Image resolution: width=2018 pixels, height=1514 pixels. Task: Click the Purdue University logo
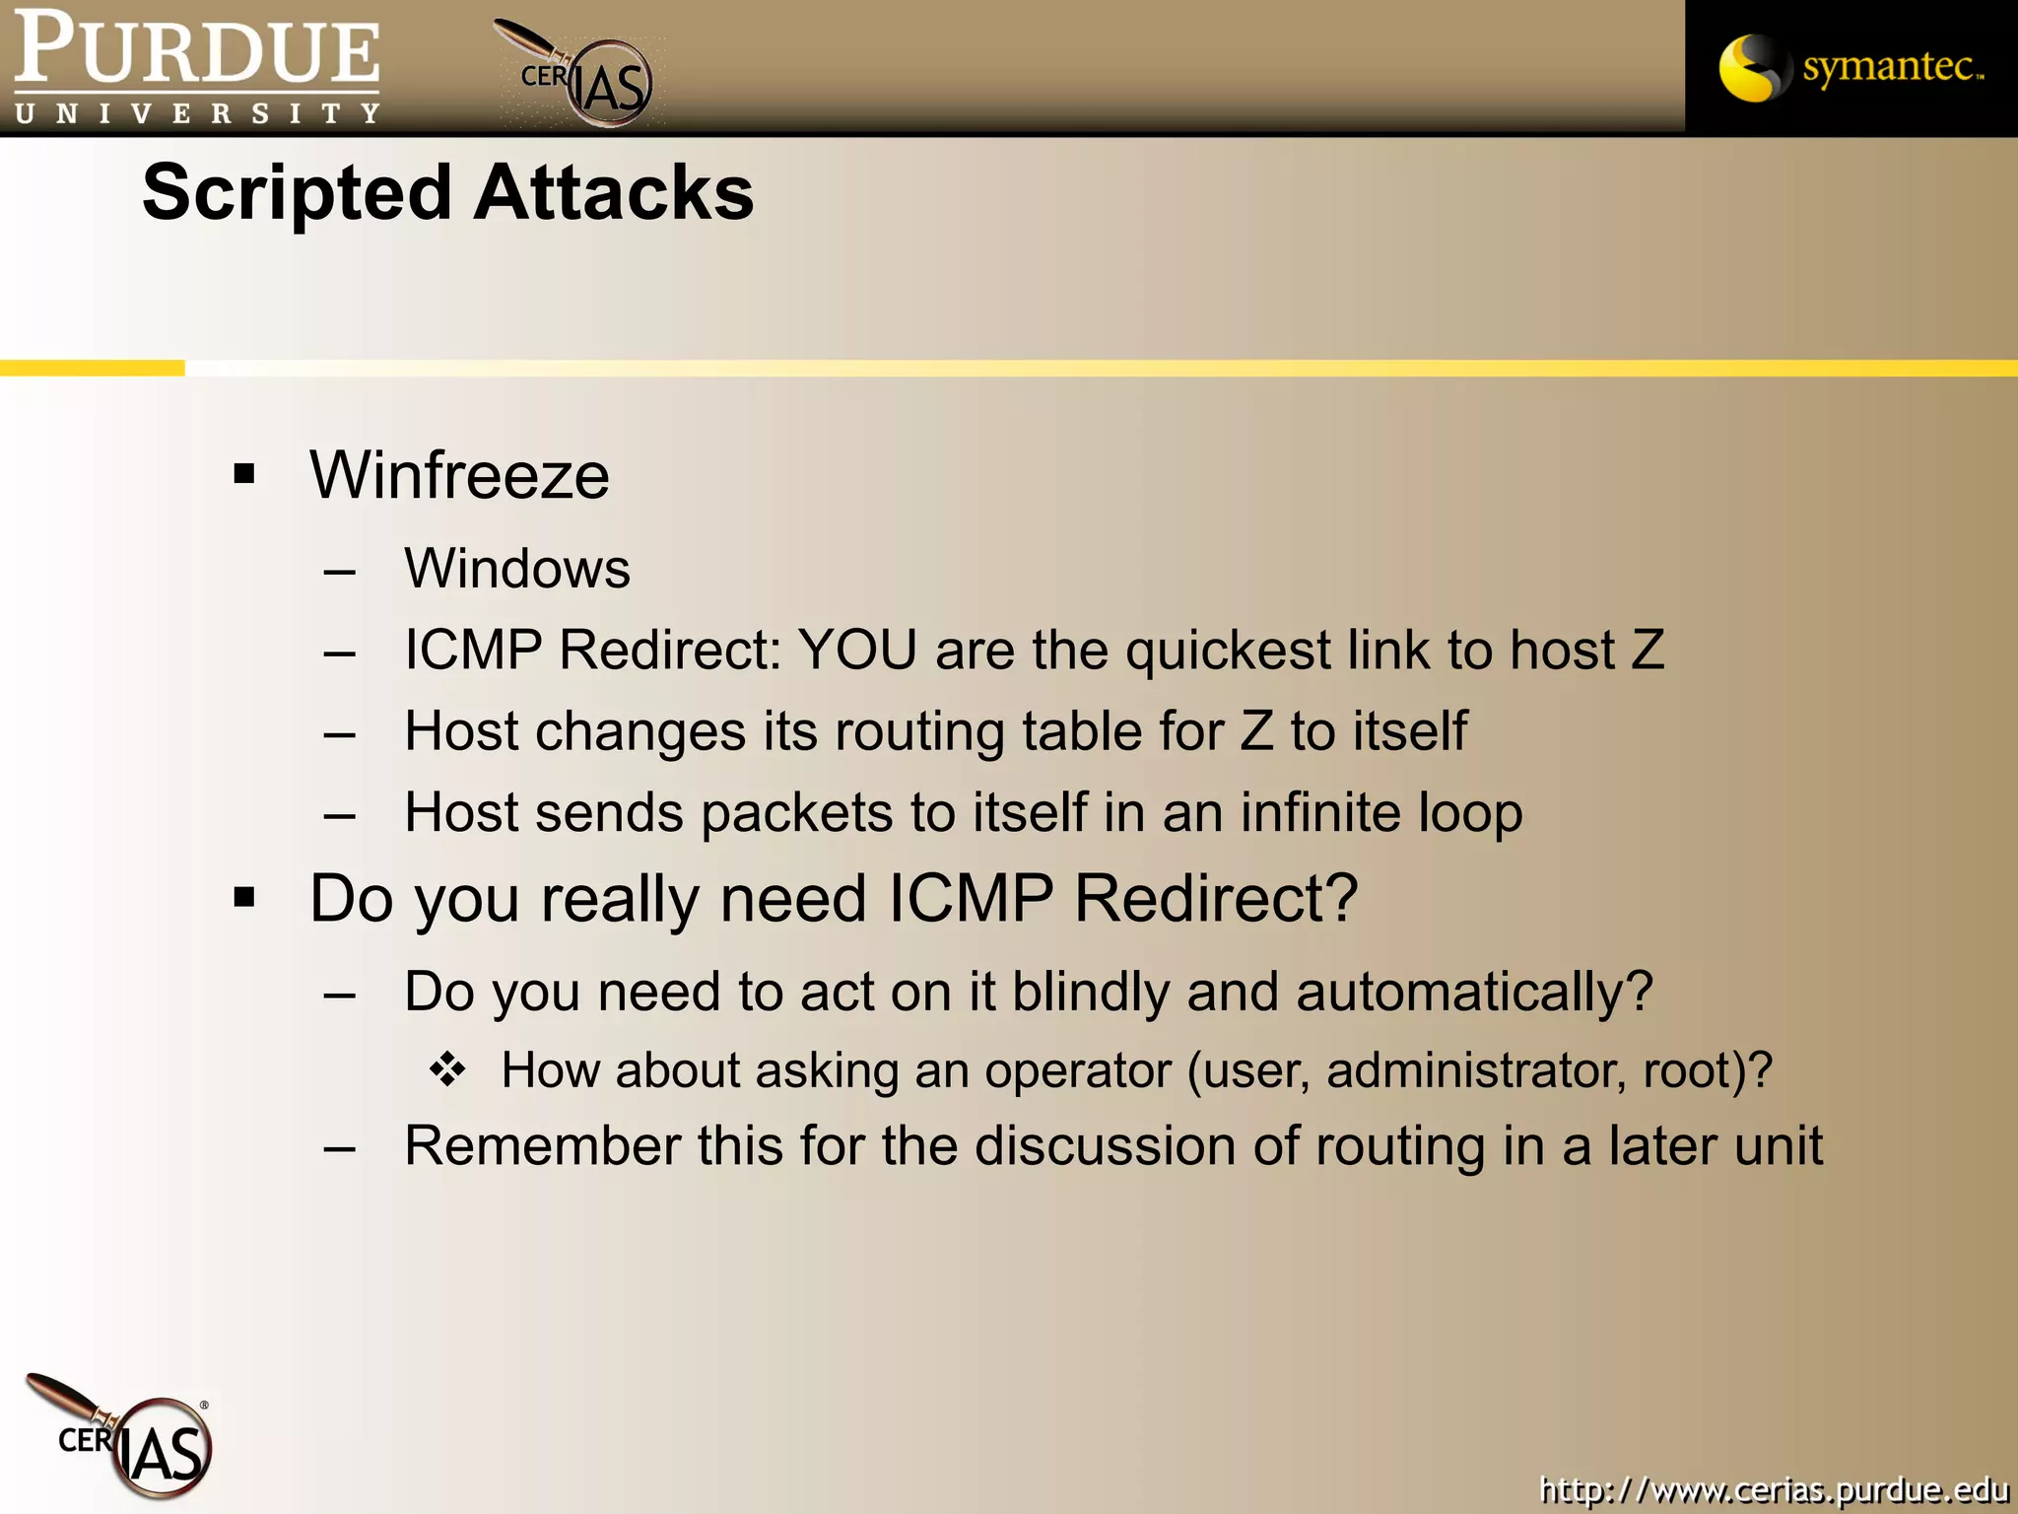coord(197,67)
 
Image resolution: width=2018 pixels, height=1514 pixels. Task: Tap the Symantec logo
coord(1850,67)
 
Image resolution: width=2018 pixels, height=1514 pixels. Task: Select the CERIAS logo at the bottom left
coord(123,1437)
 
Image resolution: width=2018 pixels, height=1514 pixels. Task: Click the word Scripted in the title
coord(297,193)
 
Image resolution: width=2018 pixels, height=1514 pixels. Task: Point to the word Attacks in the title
coord(613,193)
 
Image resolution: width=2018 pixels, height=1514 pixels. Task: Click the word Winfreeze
coord(459,475)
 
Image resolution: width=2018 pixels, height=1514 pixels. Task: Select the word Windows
coord(517,569)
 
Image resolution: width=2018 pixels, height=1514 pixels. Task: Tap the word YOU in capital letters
coord(857,651)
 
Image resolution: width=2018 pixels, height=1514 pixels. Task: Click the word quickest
coord(1228,651)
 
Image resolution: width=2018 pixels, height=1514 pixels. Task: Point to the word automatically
coord(1474,992)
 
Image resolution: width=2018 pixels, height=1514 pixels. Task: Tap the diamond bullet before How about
coord(447,1069)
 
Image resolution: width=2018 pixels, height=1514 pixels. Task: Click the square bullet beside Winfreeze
coord(244,475)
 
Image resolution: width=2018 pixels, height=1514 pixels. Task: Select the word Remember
coord(543,1146)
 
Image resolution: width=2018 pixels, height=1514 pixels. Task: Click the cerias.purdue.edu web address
coord(1774,1489)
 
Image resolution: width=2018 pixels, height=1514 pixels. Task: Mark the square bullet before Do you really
coord(244,898)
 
